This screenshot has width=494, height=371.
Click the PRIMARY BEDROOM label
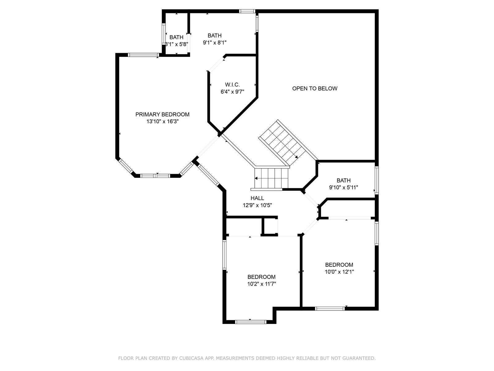[162, 114]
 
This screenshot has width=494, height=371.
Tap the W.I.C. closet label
[232, 85]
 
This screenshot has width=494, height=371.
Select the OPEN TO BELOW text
[315, 88]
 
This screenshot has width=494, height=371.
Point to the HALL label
[257, 198]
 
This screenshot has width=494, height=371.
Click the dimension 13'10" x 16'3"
[162, 122]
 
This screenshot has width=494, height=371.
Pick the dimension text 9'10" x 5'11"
[343, 187]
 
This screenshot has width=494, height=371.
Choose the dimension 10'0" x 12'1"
[339, 272]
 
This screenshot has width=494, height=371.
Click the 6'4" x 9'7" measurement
[232, 92]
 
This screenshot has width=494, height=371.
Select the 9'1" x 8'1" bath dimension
[215, 43]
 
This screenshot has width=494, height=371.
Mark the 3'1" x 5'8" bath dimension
[176, 44]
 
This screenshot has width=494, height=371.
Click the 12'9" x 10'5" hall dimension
[257, 205]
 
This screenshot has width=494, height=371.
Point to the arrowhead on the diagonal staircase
[296, 157]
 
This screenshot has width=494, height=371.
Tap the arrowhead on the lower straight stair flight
[256, 178]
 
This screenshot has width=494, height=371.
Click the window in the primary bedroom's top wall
[143, 55]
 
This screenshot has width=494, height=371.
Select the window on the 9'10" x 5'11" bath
[376, 180]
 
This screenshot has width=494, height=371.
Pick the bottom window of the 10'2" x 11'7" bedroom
[251, 322]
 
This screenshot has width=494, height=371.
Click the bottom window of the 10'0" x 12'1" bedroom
[330, 309]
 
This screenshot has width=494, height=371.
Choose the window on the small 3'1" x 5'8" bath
[164, 34]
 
